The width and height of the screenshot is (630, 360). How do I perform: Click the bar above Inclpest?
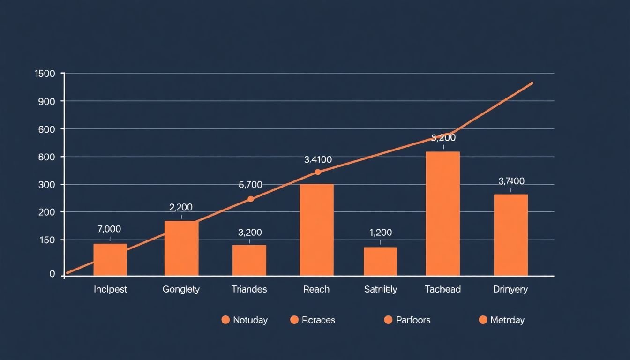[x=110, y=259]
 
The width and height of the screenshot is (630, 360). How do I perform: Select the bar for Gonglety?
[x=181, y=248]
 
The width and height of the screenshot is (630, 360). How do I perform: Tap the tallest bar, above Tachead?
[x=442, y=213]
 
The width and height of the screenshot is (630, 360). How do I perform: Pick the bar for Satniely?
[x=380, y=261]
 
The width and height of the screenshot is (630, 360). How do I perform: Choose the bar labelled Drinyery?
[x=510, y=235]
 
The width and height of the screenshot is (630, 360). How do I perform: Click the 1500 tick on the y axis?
[x=45, y=74]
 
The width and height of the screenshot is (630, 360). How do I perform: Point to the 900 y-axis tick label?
[x=47, y=101]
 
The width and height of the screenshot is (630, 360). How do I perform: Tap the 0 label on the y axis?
[x=52, y=274]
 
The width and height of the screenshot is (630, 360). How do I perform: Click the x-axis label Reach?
[x=316, y=289]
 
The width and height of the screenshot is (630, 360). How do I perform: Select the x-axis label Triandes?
[x=249, y=289]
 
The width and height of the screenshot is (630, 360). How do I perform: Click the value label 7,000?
[x=109, y=229]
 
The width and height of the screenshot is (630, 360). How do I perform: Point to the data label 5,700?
[x=250, y=185]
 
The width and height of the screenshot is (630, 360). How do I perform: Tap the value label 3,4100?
[x=318, y=159]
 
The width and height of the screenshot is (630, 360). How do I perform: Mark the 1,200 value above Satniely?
[x=381, y=232]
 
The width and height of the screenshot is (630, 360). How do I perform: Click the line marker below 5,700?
[x=251, y=199]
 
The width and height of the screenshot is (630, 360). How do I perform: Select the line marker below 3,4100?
[x=318, y=172]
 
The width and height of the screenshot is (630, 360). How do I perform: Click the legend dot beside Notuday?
[x=225, y=320]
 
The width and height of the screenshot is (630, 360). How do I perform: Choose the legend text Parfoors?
[x=413, y=320]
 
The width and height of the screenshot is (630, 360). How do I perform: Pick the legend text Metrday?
[x=507, y=320]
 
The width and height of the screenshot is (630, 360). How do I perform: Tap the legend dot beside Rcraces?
[x=294, y=320]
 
